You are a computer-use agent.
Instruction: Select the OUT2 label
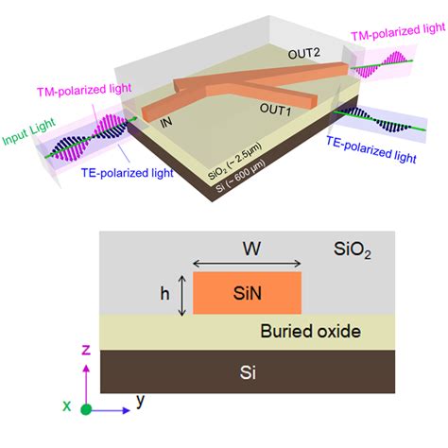point(303,55)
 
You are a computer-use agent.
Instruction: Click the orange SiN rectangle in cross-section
point(247,294)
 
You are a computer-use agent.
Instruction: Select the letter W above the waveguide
point(248,250)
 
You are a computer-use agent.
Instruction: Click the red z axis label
point(86,350)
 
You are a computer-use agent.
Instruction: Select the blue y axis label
point(140,400)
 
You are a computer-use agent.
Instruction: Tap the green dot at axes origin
point(86,409)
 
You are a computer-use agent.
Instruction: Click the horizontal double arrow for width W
point(247,266)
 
